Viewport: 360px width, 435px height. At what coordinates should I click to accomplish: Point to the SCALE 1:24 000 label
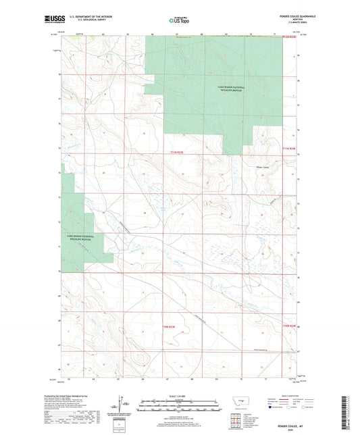179,395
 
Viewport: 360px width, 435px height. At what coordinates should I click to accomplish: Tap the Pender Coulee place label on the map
261,164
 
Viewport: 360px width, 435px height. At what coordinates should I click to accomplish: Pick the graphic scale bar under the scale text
179,407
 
